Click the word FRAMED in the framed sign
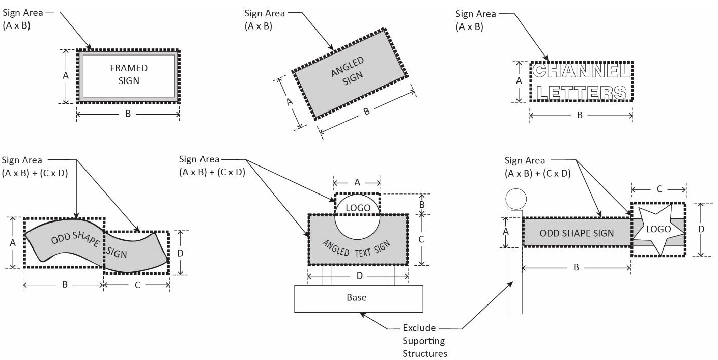tap(129, 68)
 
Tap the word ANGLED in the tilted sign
tap(348, 67)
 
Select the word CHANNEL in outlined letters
tap(582, 71)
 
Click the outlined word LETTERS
tap(581, 93)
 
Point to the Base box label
tap(356, 297)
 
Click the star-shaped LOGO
tap(658, 229)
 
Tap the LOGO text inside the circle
tap(358, 208)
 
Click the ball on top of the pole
tap(516, 199)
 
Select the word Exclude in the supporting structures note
tap(419, 328)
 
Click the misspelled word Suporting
tap(423, 341)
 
